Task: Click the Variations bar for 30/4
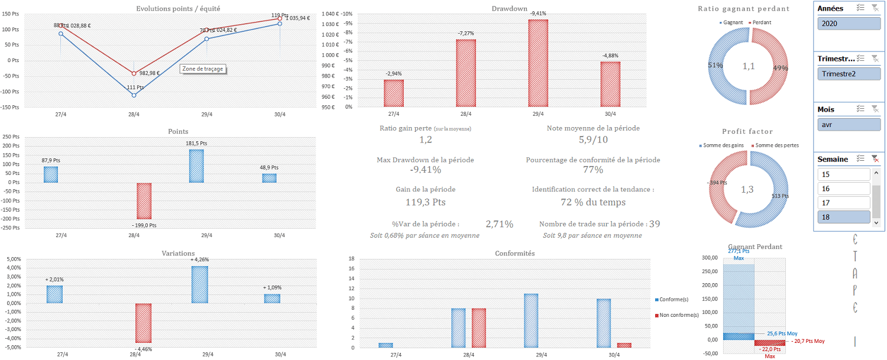pos(272,299)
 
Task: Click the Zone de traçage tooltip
pos(203,69)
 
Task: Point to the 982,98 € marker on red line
pos(134,73)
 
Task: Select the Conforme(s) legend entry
pos(675,299)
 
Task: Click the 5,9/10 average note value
pos(593,140)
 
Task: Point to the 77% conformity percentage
pos(593,170)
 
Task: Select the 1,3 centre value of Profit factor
pos(748,190)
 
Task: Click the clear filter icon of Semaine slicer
pos(875,159)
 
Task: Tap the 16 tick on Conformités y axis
pos(351,269)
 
